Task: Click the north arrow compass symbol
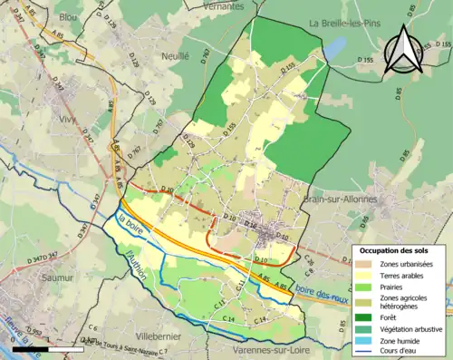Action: pyautogui.click(x=404, y=50)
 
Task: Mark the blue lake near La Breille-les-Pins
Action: pyautogui.click(x=333, y=47)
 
